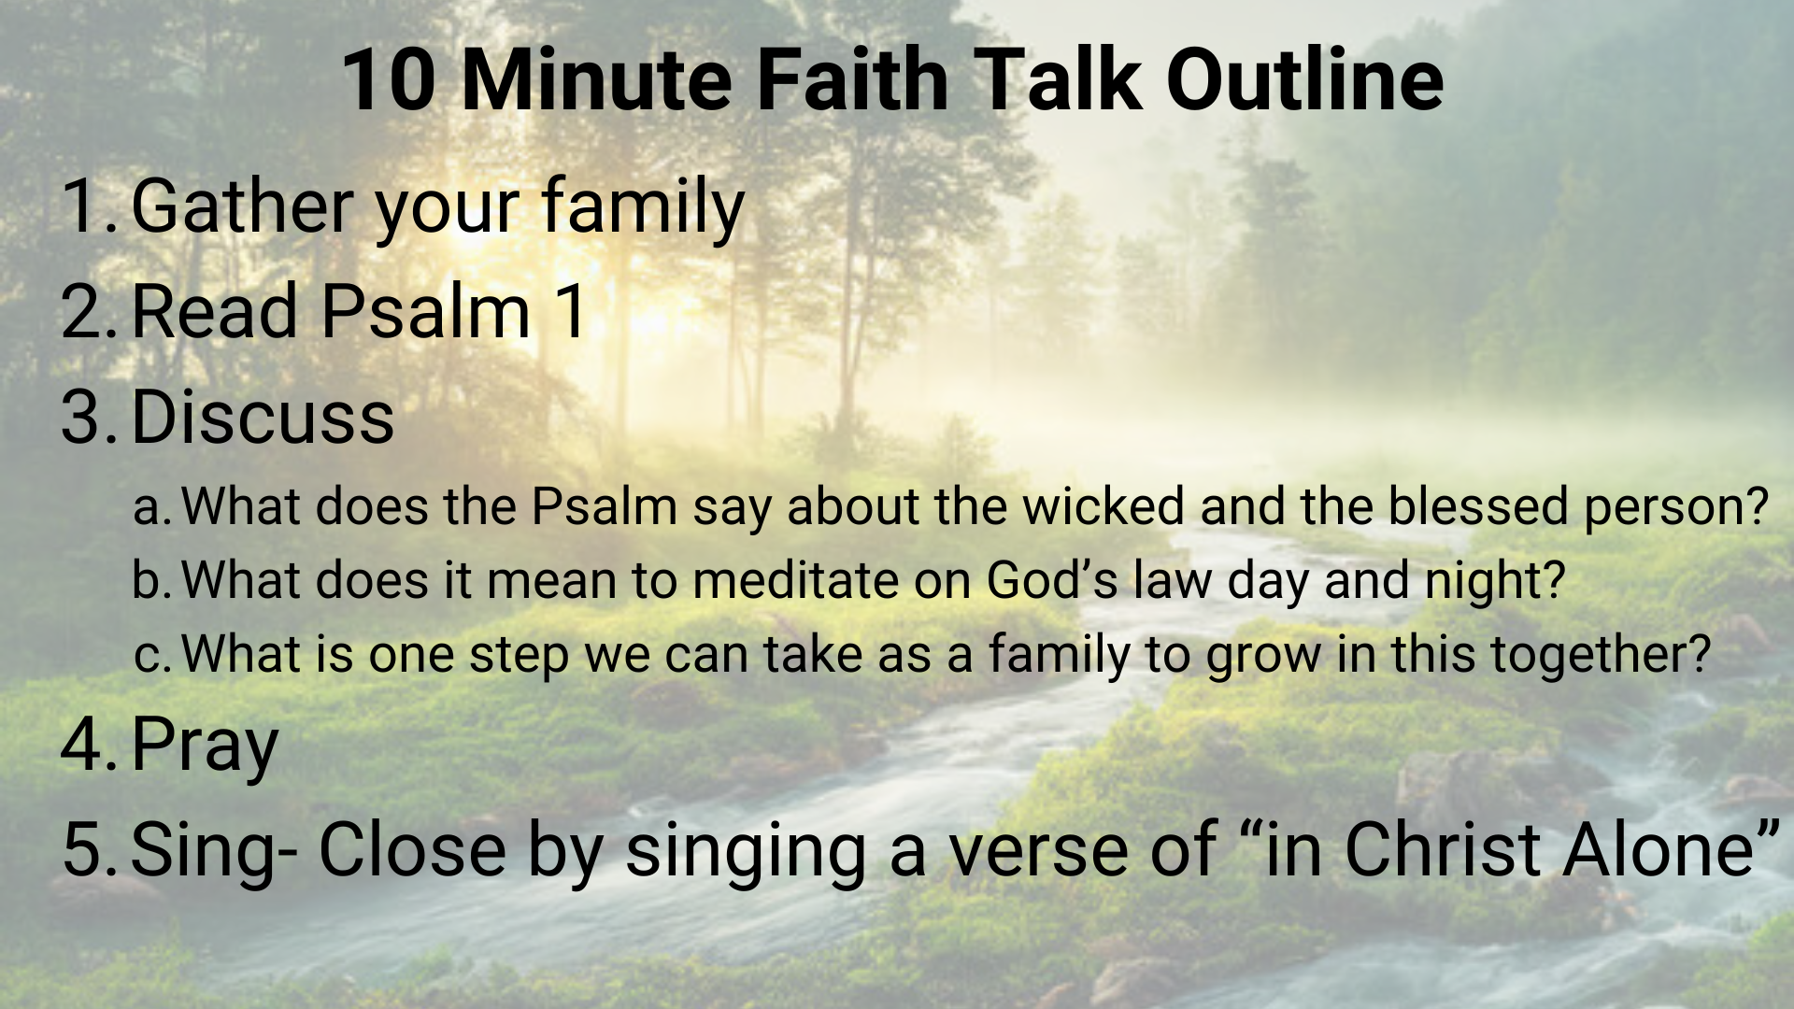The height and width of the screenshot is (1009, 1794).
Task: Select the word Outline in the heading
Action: tap(1304, 79)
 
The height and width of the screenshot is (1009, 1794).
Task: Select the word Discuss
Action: tap(263, 416)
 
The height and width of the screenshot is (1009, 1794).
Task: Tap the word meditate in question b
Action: tap(795, 579)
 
